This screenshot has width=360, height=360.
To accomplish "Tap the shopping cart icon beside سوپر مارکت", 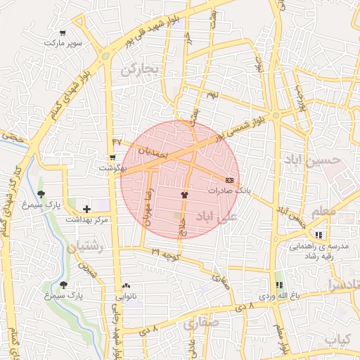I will [x=64, y=33].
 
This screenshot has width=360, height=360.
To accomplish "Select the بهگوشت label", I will [x=112, y=168].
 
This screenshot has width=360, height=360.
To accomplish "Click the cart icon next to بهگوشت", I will [x=112, y=157].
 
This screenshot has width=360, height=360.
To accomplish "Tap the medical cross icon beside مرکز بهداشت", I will [x=86, y=209].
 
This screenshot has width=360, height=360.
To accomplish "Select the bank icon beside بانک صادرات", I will [x=229, y=180].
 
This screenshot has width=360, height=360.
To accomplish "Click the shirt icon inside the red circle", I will [x=184, y=195].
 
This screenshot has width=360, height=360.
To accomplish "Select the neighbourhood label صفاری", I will [x=201, y=324].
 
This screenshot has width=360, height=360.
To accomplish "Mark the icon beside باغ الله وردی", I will [x=279, y=285].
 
